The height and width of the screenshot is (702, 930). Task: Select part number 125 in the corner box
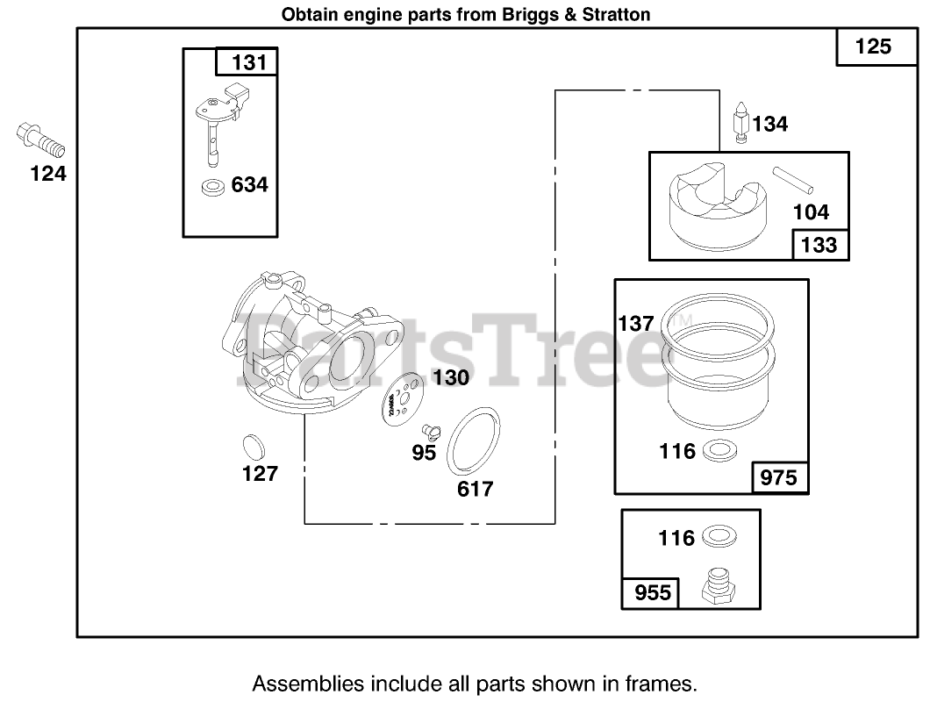click(x=872, y=47)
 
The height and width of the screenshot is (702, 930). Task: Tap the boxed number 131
click(x=247, y=62)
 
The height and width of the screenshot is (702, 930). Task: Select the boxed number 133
click(x=820, y=245)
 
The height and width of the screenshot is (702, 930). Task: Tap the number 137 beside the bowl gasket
click(x=636, y=323)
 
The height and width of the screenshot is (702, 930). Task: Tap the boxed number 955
click(x=651, y=593)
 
